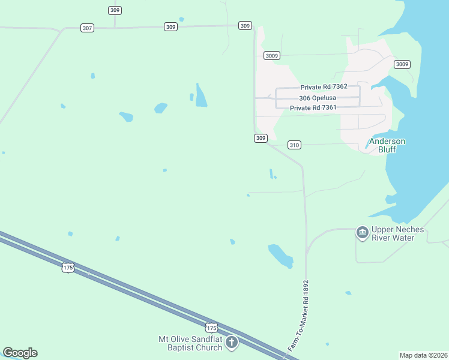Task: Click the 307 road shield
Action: tap(88, 28)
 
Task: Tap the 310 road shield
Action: tap(294, 145)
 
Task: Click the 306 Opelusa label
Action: tap(318, 98)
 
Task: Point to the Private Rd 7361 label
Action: tap(313, 108)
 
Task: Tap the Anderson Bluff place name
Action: tap(387, 145)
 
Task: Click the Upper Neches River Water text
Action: tap(397, 233)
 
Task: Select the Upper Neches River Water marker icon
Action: tap(362, 232)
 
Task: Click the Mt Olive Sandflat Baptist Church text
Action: tap(190, 343)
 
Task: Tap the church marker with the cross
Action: tap(231, 343)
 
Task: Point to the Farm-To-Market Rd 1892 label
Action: tap(298, 316)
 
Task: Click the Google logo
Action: tap(20, 353)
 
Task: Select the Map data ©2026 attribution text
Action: tap(423, 355)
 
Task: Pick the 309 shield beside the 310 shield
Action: tap(260, 138)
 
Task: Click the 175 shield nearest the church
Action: tap(211, 327)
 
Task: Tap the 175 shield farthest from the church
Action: tap(68, 268)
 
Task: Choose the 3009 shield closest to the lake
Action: tap(402, 64)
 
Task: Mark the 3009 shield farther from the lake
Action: tap(271, 55)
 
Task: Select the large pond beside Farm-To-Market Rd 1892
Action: tap(280, 255)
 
